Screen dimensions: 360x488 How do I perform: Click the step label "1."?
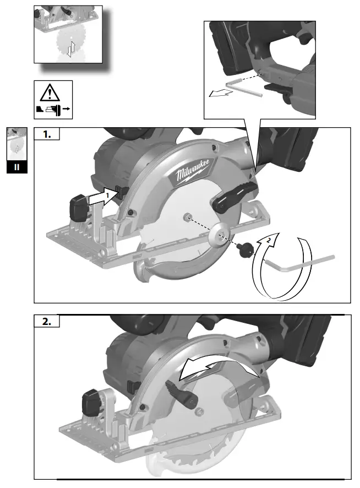coord(47,134)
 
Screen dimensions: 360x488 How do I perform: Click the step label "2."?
coord(47,321)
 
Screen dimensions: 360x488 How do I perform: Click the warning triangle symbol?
coord(50,93)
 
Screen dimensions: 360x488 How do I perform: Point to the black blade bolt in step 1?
coord(245,250)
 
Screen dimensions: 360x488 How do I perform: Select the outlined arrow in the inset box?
coord(221,93)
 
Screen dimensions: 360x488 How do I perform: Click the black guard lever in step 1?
coord(235,196)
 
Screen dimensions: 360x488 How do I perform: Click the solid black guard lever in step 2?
coord(183,394)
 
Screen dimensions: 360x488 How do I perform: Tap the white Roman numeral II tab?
coord(17,167)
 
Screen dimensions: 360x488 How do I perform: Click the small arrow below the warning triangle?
coord(66,109)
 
